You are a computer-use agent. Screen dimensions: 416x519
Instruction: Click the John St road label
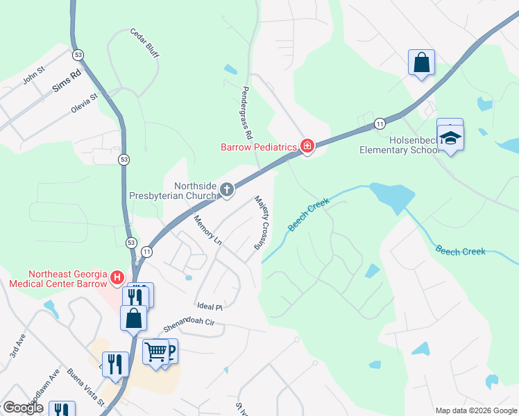coord(33,75)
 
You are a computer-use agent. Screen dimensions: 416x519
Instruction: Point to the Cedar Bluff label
coord(144,43)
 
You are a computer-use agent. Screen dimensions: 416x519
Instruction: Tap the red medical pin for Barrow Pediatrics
coord(307,146)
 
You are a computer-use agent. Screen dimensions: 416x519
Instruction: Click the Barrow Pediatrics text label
coord(259,147)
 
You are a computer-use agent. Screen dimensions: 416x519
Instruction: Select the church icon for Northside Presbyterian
coord(226,189)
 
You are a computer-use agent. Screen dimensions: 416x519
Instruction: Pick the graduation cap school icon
coord(450,137)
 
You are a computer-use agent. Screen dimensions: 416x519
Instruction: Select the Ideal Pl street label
coord(209,306)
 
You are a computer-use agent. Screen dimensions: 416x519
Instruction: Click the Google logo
coord(23,408)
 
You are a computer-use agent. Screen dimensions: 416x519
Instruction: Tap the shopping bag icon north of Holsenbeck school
coord(421,62)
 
